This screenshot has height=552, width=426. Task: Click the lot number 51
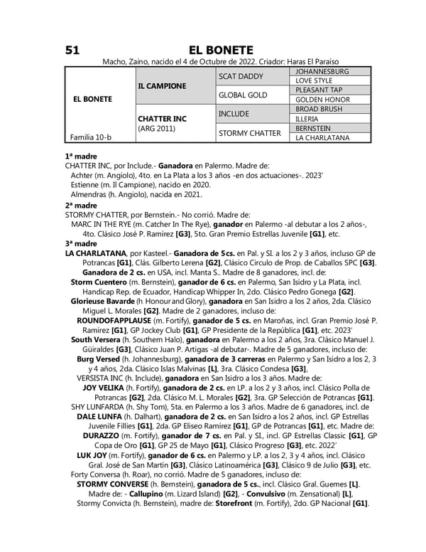pyautogui.click(x=72, y=50)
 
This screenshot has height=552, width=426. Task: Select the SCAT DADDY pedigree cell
pyautogui.click(x=241, y=76)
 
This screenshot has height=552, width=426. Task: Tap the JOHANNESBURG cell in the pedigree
pyautogui.click(x=322, y=72)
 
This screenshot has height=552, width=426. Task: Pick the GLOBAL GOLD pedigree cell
pyautogui.click(x=243, y=95)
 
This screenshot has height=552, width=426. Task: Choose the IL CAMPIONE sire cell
pyautogui.click(x=162, y=86)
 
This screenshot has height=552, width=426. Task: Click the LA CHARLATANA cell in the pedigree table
pyautogui.click(x=322, y=137)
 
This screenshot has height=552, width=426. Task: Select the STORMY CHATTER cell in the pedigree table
pyautogui.click(x=250, y=132)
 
